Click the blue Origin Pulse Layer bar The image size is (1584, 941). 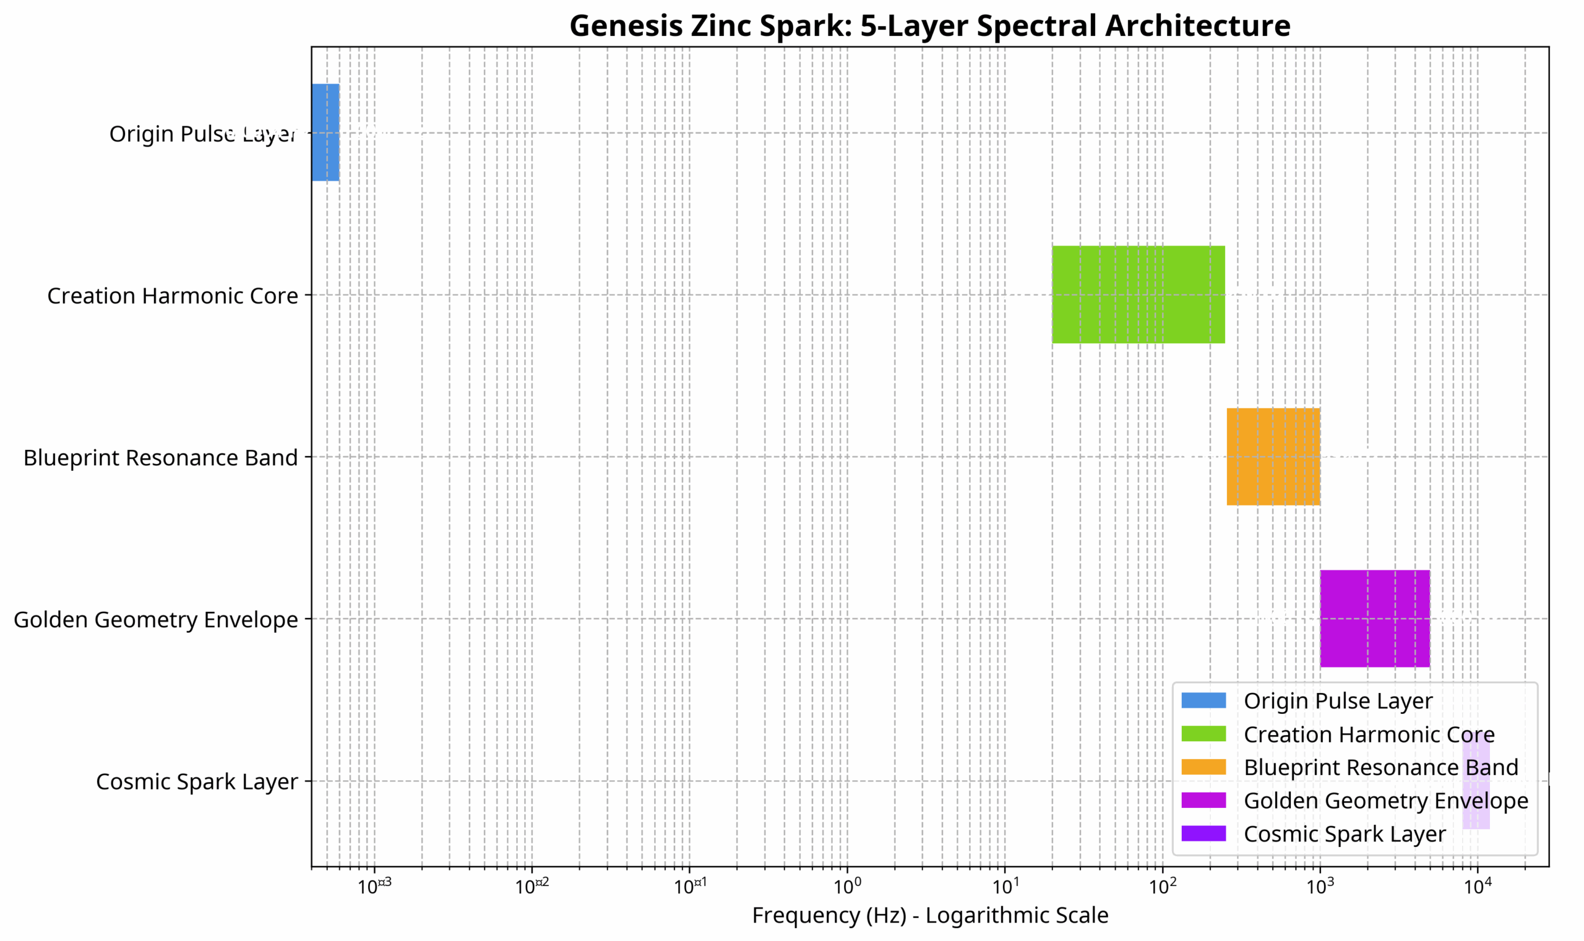click(x=325, y=132)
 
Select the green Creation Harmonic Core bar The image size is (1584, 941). click(x=1138, y=294)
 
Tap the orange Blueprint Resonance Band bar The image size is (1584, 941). click(x=1273, y=457)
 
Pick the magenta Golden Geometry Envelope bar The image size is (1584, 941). click(x=1374, y=618)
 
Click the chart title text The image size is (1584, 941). click(x=929, y=26)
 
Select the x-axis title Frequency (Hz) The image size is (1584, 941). click(x=929, y=915)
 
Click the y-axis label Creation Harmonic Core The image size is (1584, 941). click(x=173, y=296)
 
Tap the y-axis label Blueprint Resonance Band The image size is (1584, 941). click(x=160, y=457)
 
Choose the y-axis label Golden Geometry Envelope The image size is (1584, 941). click(x=155, y=619)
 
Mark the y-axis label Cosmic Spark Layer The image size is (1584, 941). click(x=197, y=781)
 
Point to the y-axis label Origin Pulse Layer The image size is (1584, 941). click(x=203, y=134)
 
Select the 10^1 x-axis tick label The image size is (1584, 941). click(x=1005, y=886)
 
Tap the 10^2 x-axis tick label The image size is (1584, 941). click(x=1162, y=886)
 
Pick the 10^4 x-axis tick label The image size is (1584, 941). click(x=1478, y=886)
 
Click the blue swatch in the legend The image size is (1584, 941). click(x=1203, y=701)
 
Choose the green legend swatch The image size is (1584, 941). click(x=1203, y=734)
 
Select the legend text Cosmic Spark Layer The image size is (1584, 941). click(x=1345, y=834)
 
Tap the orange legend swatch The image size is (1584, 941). click(x=1203, y=767)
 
